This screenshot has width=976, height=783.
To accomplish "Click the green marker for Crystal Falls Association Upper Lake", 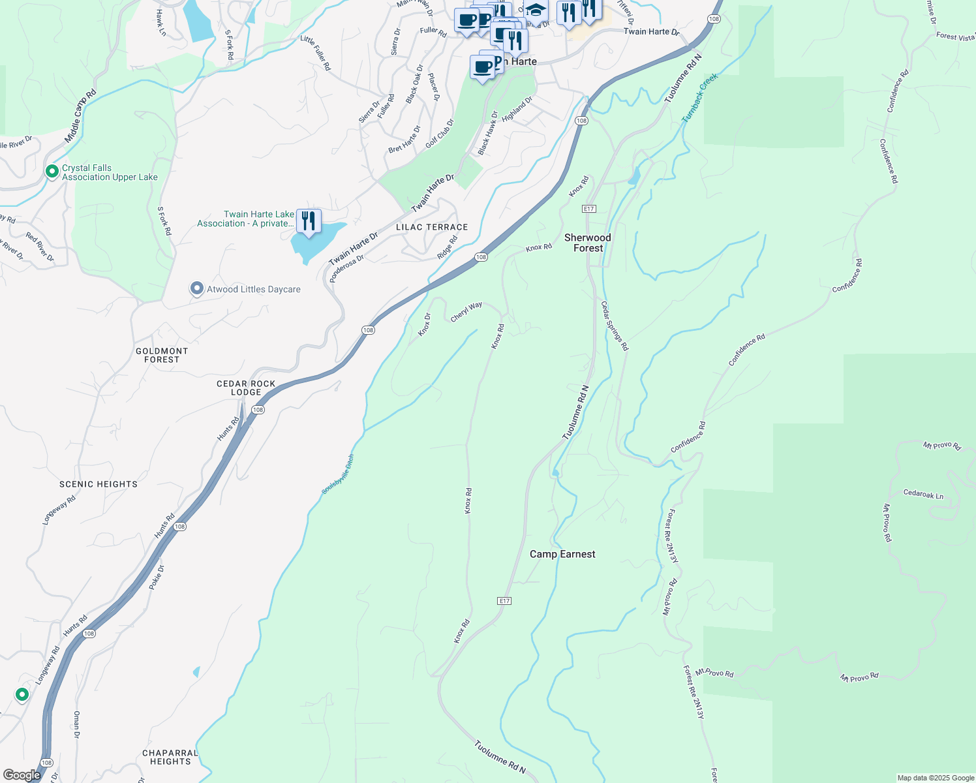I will click(52, 172).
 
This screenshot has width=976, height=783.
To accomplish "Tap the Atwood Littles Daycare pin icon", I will click(196, 288).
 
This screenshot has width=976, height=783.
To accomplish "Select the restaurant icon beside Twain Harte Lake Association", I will click(308, 221).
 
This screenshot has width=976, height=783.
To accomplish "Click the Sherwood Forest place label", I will click(588, 243).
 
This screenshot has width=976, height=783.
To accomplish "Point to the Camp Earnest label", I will click(562, 554).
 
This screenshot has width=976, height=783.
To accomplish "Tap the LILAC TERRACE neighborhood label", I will click(432, 227).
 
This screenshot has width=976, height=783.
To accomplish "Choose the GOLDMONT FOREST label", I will click(162, 355).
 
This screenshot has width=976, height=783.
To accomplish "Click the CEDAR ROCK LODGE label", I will click(246, 388).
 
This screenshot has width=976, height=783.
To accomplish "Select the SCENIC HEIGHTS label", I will click(99, 484).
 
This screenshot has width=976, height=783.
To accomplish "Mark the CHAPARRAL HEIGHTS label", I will click(170, 757).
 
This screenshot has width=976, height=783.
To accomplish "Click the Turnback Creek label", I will click(700, 98).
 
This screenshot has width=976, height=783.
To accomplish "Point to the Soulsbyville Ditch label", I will click(337, 474).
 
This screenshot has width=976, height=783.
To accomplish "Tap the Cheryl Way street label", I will click(466, 311).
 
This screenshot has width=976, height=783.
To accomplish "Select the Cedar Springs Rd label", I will click(615, 326).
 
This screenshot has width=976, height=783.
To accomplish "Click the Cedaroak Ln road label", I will click(923, 494).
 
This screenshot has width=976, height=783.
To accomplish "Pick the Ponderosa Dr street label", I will click(346, 268).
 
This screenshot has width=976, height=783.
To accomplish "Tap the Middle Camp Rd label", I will click(80, 116).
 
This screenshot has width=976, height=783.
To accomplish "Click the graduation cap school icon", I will click(536, 11).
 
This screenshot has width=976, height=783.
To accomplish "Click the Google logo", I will click(22, 775).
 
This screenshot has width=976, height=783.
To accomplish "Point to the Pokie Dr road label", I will click(157, 577).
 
